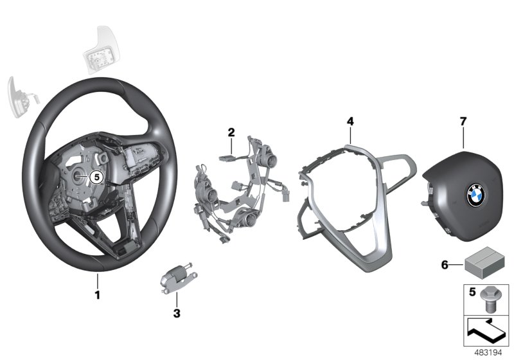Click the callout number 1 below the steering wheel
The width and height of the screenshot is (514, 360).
(98, 296)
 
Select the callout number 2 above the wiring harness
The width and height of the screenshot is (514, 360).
(231, 132)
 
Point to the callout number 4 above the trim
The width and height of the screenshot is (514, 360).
(350, 121)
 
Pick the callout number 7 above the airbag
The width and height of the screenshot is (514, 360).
(463, 121)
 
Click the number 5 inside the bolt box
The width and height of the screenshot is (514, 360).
(471, 292)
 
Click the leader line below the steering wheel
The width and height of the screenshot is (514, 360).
(98, 281)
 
